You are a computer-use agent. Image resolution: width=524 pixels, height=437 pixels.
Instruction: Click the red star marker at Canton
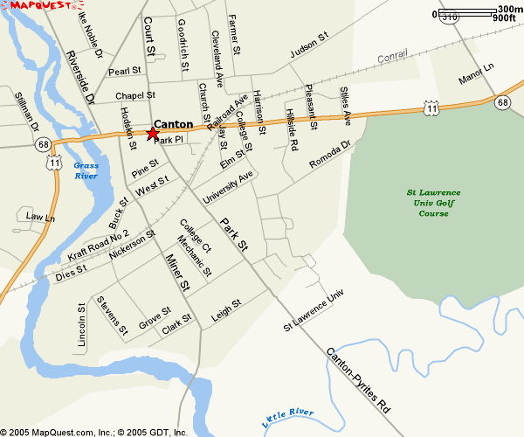[x=152, y=134]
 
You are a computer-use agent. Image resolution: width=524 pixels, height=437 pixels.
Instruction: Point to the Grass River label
[x=86, y=170]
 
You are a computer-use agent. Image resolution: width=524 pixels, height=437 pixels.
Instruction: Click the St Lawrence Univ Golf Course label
[x=433, y=203]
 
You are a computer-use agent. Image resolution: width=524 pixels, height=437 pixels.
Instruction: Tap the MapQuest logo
[x=39, y=6]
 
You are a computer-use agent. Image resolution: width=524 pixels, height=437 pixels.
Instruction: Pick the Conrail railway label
[x=393, y=58]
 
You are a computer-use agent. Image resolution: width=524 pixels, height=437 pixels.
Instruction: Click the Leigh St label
[x=225, y=311]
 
